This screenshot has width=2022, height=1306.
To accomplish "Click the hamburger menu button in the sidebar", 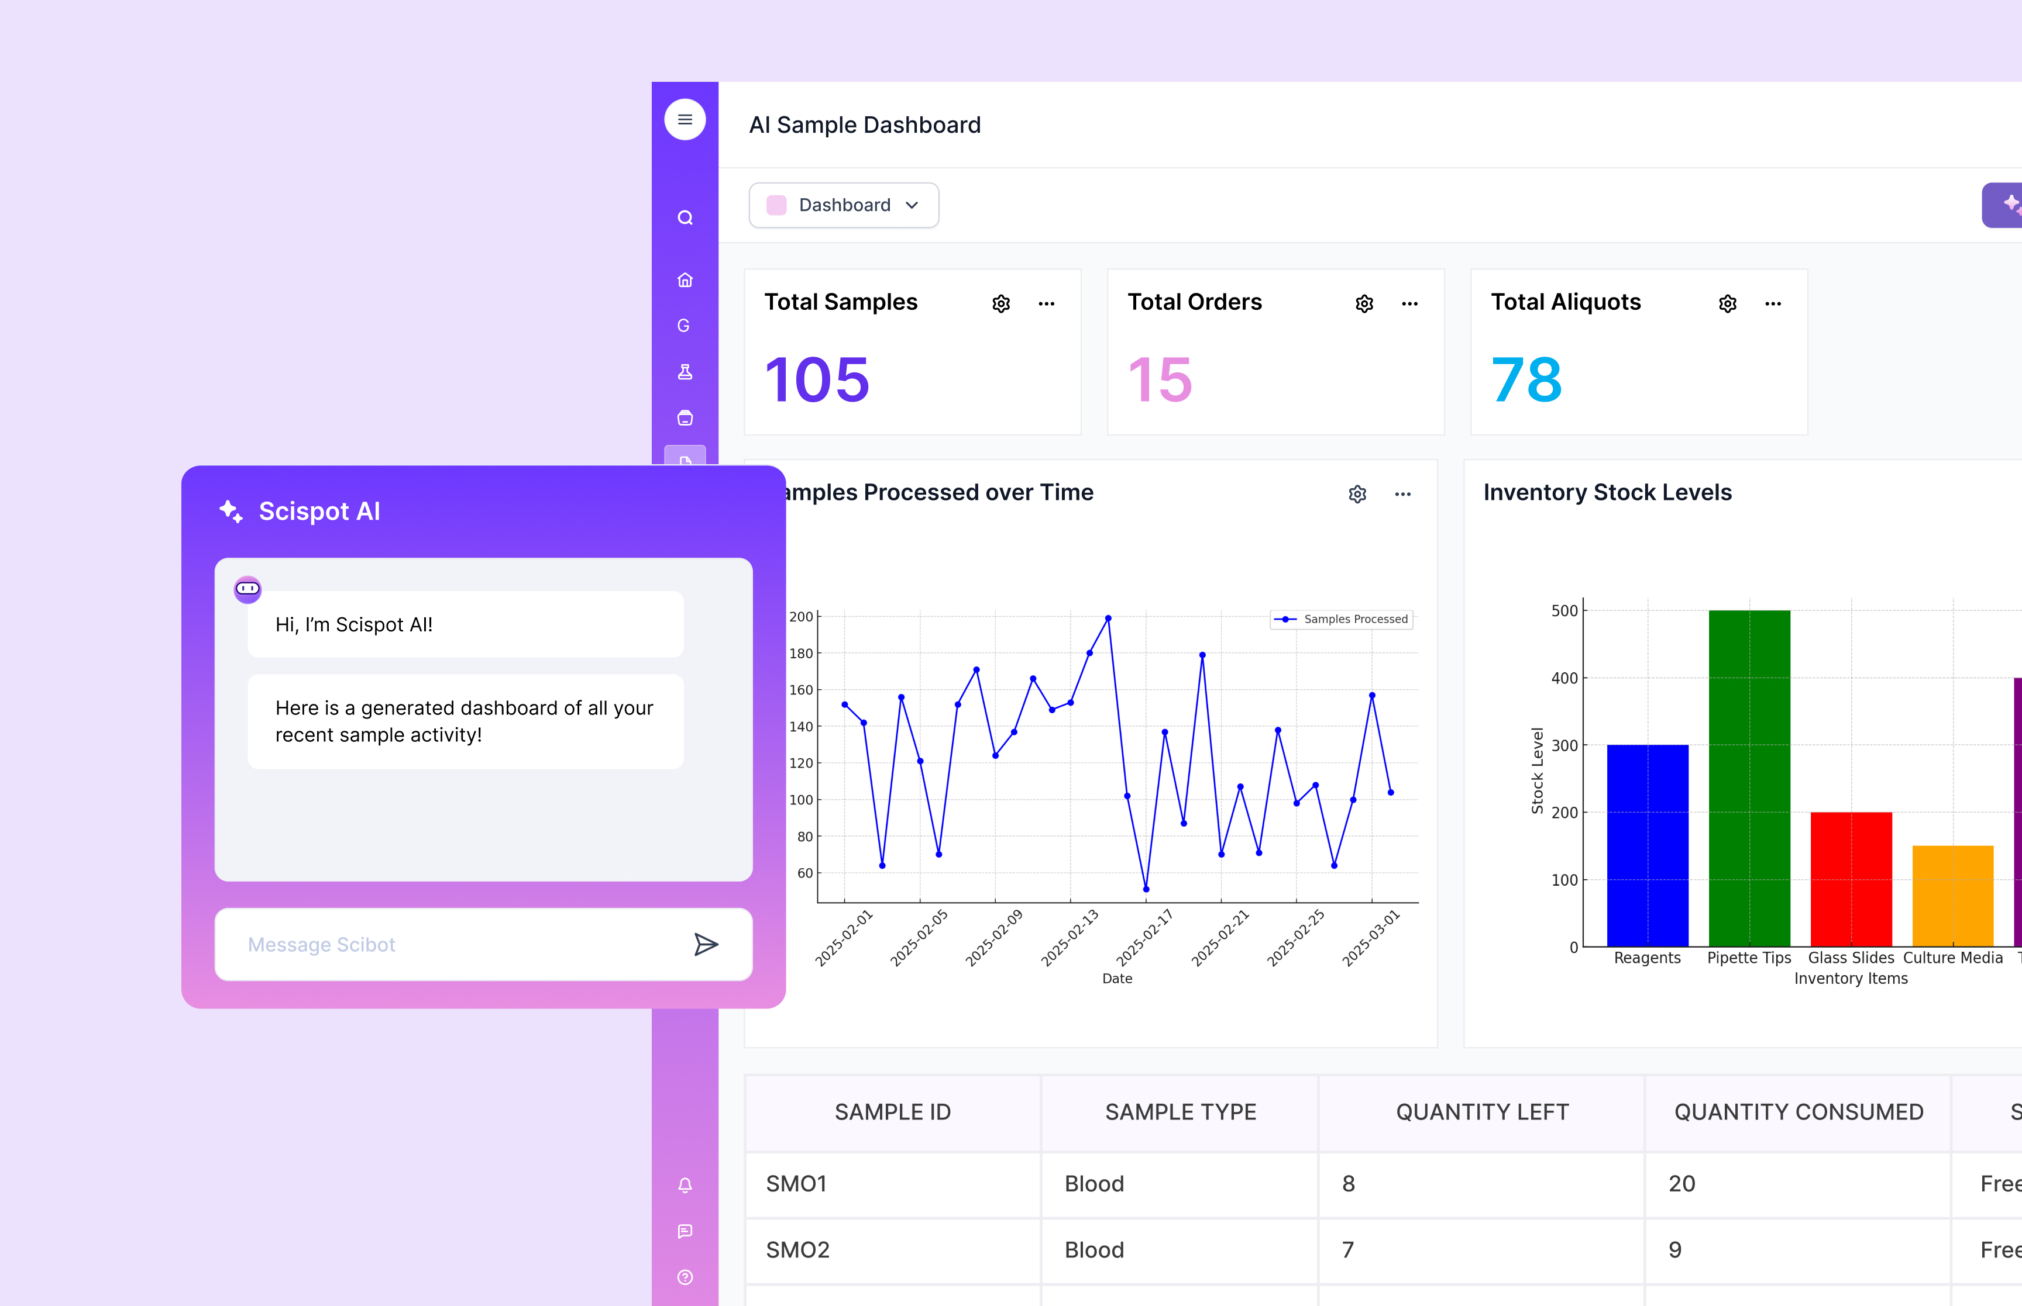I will [685, 120].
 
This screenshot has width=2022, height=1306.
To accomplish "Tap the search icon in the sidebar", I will [685, 218].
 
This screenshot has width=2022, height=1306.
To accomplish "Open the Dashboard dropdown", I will [844, 205].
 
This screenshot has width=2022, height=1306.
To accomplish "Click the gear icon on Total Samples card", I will [1001, 303].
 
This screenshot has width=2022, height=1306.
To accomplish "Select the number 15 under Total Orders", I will [1160, 380].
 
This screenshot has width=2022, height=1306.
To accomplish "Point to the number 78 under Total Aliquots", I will [1526, 380].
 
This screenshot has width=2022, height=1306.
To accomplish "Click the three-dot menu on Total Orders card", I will [1409, 303].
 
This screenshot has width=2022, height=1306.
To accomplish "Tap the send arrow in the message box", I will [706, 944].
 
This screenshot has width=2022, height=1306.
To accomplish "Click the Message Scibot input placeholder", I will [322, 945].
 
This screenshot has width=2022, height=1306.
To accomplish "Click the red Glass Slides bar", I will [1851, 879].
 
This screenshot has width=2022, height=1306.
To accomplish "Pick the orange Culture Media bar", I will [1952, 896].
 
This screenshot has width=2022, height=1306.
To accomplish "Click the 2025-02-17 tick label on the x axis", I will [1144, 938].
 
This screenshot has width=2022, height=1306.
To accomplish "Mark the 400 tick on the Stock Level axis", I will [1564, 679].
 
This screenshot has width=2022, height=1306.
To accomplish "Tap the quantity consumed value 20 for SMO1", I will [1681, 1183].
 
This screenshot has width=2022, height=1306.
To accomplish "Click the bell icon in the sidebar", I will [685, 1185].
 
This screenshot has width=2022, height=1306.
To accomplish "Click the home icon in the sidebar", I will [685, 280].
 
